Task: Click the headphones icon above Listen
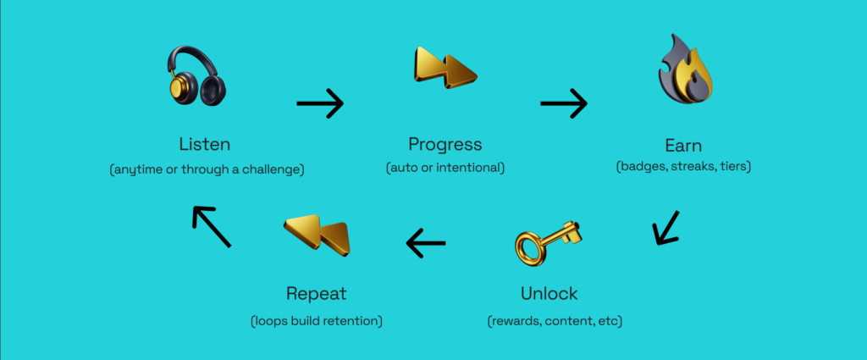point(196,77)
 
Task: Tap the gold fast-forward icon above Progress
point(445,67)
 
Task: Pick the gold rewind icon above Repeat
point(318,235)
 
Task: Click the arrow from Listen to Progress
point(320,102)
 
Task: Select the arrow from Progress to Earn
point(563,102)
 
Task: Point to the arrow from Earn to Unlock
point(665,227)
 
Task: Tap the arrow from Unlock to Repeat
point(426,243)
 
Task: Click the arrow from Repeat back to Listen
point(211,227)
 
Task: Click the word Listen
point(205,144)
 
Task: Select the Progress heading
point(445,145)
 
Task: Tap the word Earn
point(683,146)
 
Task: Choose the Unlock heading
point(549,293)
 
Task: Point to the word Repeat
point(317,294)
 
